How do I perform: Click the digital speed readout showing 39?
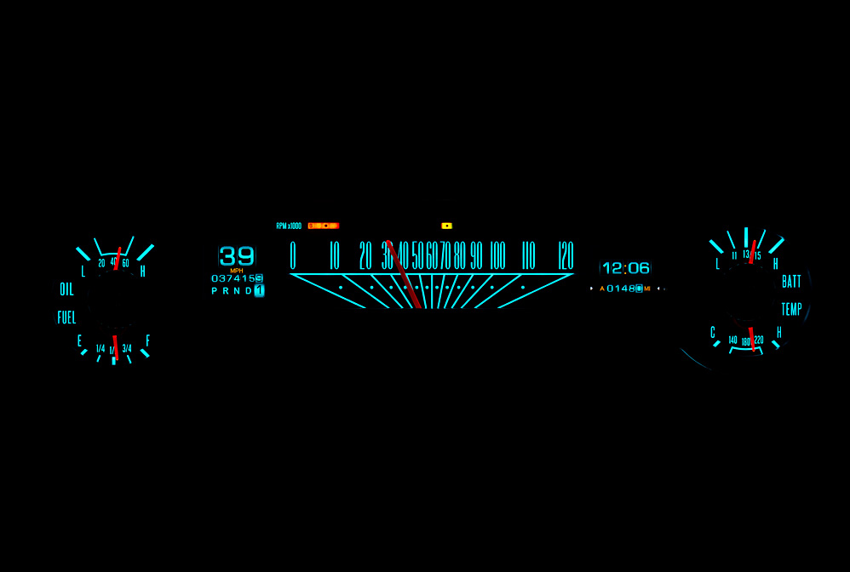coord(237,255)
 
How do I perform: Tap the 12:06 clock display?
coord(626,268)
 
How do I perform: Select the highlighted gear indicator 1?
coord(259,290)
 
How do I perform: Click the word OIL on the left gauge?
coord(66,289)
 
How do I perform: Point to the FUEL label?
coord(66,317)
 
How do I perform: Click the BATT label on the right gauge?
coord(791,282)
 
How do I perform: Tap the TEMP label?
coord(791,309)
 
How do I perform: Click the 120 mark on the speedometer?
coord(566,255)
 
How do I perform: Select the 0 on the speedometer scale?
coord(293,255)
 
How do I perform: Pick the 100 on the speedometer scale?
coord(497,255)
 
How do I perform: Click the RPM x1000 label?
coord(289,226)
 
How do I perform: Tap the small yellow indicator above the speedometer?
coord(446,226)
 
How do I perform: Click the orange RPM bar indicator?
coord(324,226)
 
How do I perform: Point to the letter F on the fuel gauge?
coord(147,340)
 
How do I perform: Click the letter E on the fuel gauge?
coord(80,341)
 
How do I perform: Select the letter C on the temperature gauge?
coord(713,332)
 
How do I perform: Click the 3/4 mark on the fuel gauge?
coord(127,348)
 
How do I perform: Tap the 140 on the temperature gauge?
coord(732,340)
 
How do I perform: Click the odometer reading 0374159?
coord(237,278)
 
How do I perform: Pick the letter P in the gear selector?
coord(215,290)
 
